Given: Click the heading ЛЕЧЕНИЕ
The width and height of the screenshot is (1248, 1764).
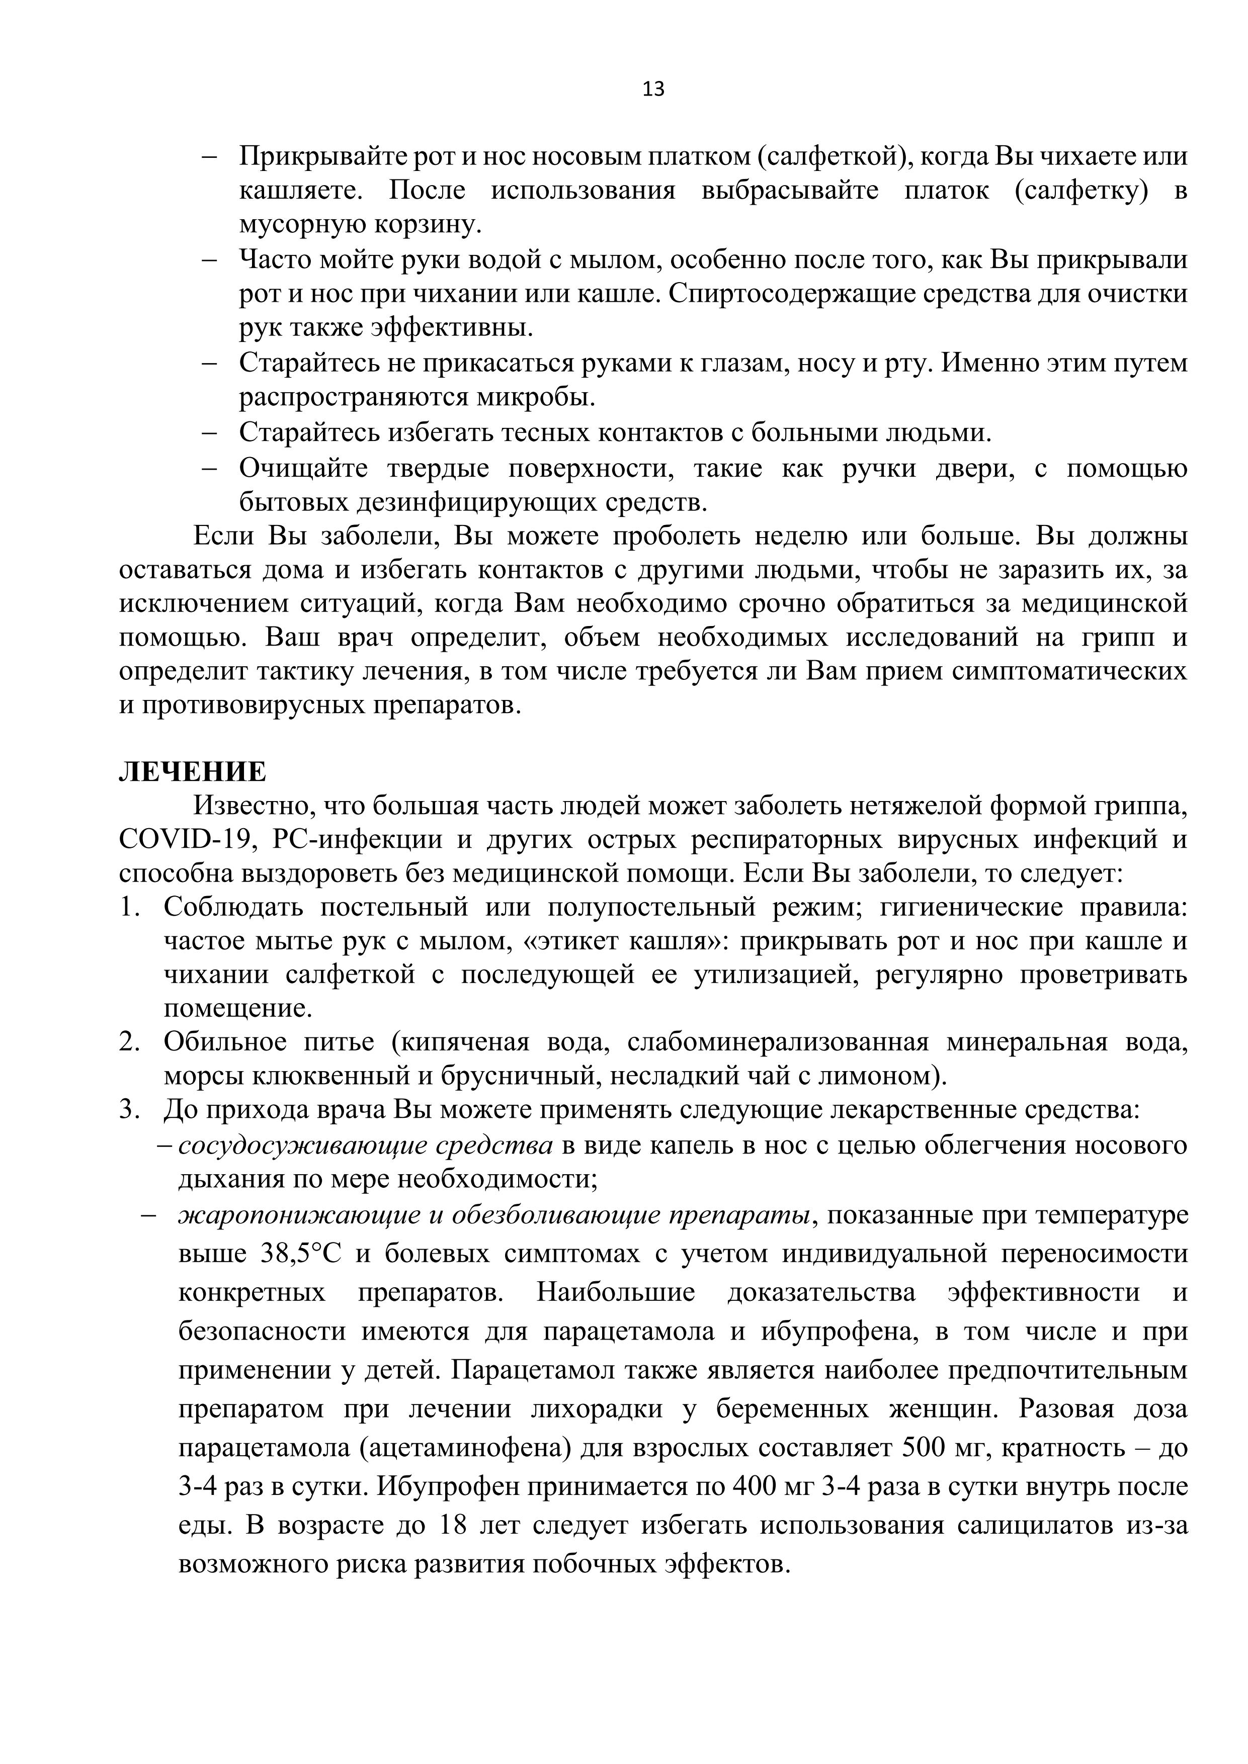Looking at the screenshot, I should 192,771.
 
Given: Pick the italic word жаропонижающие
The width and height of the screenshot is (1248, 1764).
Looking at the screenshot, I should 297,1215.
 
